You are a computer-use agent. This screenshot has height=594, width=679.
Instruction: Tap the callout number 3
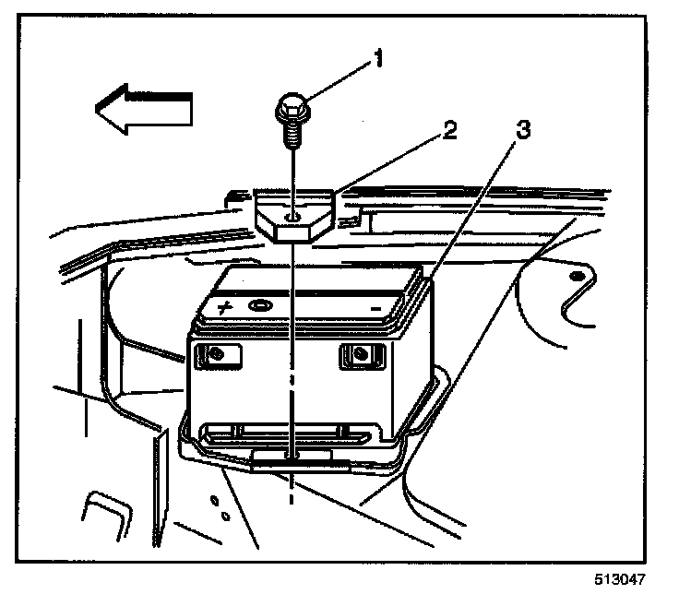(x=522, y=131)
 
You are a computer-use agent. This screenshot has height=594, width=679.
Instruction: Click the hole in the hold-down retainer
(x=291, y=217)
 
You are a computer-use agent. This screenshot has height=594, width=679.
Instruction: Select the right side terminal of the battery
(x=362, y=353)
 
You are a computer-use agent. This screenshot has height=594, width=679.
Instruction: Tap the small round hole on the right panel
(x=575, y=277)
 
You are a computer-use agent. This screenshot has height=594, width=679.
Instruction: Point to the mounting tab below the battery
(x=293, y=458)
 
